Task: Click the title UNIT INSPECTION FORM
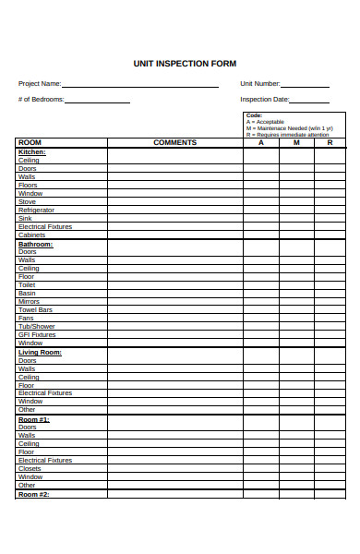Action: (x=185, y=64)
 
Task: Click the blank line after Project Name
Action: (x=140, y=85)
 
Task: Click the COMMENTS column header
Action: (x=174, y=142)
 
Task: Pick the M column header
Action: (x=296, y=142)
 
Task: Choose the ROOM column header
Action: (x=30, y=142)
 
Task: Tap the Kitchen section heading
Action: (x=32, y=151)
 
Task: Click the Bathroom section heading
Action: (x=36, y=244)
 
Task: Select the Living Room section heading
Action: (x=40, y=352)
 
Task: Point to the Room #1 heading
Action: (x=34, y=419)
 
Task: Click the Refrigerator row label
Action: (x=37, y=210)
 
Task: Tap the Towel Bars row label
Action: (x=35, y=309)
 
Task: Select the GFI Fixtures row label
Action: (x=37, y=334)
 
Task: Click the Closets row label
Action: (x=30, y=468)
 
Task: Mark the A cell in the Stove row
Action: (x=261, y=201)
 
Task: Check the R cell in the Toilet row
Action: (x=330, y=284)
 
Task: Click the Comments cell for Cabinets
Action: (x=174, y=235)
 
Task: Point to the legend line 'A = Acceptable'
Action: (x=266, y=122)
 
